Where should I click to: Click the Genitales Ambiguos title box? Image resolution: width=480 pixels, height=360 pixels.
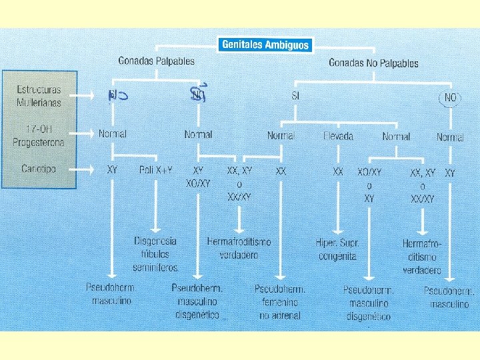tap(265, 45)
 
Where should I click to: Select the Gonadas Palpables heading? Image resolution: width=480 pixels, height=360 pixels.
tap(156, 61)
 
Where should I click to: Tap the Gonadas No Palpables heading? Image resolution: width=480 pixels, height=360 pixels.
tap(373, 63)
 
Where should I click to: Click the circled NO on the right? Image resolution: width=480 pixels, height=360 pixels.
tap(451, 98)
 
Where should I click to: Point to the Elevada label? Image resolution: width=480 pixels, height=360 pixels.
tap(338, 136)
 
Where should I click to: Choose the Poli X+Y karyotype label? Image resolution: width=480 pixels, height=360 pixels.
tap(156, 171)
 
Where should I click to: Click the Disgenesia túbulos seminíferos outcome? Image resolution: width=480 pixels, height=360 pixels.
tap(156, 253)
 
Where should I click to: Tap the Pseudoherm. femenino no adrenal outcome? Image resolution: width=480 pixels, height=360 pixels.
tap(280, 302)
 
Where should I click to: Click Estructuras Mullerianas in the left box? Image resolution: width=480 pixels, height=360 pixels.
tap(39, 96)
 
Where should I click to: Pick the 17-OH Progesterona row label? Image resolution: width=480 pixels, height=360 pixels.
tap(39, 135)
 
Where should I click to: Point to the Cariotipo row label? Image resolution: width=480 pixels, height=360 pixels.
tap(39, 169)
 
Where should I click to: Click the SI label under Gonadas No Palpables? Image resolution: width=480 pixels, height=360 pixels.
tap(295, 96)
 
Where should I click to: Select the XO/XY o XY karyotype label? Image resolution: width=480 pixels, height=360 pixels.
tap(370, 185)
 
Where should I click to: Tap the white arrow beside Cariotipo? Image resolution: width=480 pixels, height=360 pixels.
tap(87, 169)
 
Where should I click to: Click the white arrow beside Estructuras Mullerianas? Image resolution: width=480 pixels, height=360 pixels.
tap(87, 96)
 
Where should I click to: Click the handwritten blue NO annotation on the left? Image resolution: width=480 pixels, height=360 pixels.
tap(117, 96)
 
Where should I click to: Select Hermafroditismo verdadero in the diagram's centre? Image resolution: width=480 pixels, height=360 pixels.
tap(239, 247)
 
